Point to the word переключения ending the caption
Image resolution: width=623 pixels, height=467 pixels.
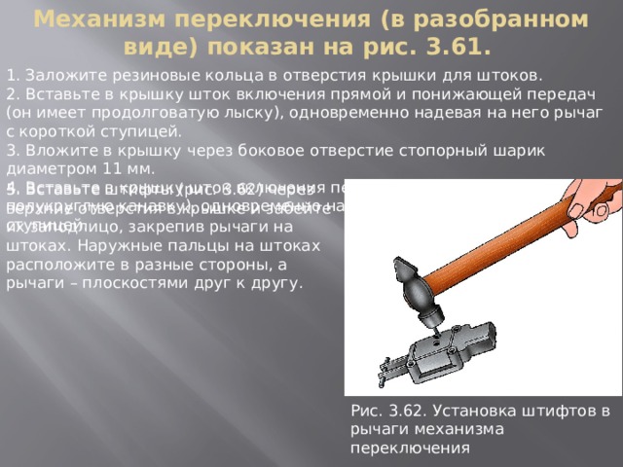pos(410,448)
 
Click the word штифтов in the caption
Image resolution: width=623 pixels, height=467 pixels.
pos(556,411)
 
